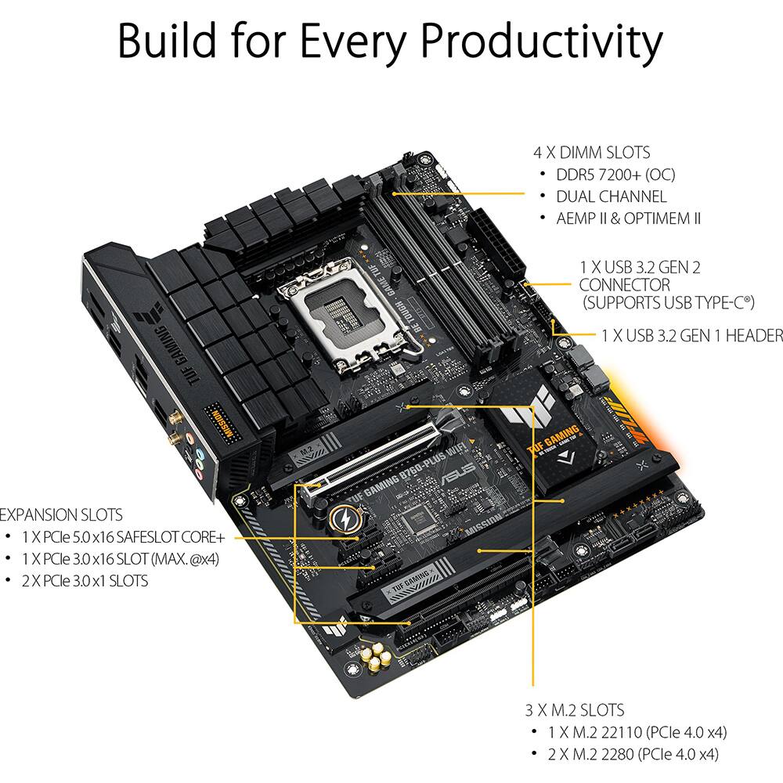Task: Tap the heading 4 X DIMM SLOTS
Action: [x=591, y=153]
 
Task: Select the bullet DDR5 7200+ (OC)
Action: [x=615, y=175]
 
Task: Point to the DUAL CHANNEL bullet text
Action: [x=611, y=197]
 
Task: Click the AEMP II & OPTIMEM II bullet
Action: [x=628, y=218]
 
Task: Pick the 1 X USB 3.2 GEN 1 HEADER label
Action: [x=691, y=335]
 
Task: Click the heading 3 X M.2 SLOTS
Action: [x=574, y=710]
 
